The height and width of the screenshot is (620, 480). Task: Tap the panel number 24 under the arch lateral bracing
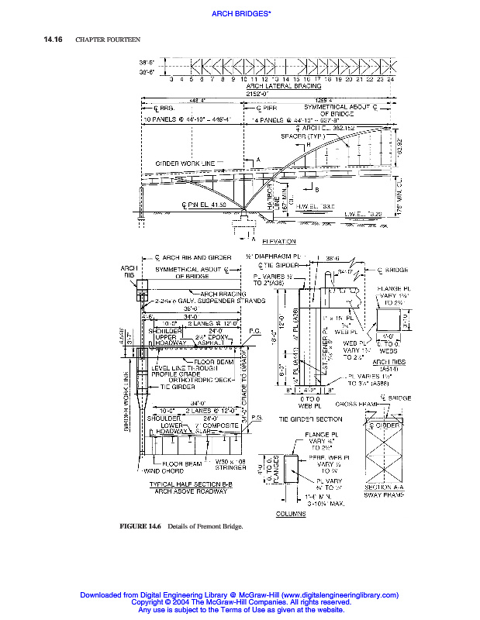[391, 79]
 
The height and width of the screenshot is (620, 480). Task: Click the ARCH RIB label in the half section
[129, 270]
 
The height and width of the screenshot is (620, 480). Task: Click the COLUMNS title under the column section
[291, 512]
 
